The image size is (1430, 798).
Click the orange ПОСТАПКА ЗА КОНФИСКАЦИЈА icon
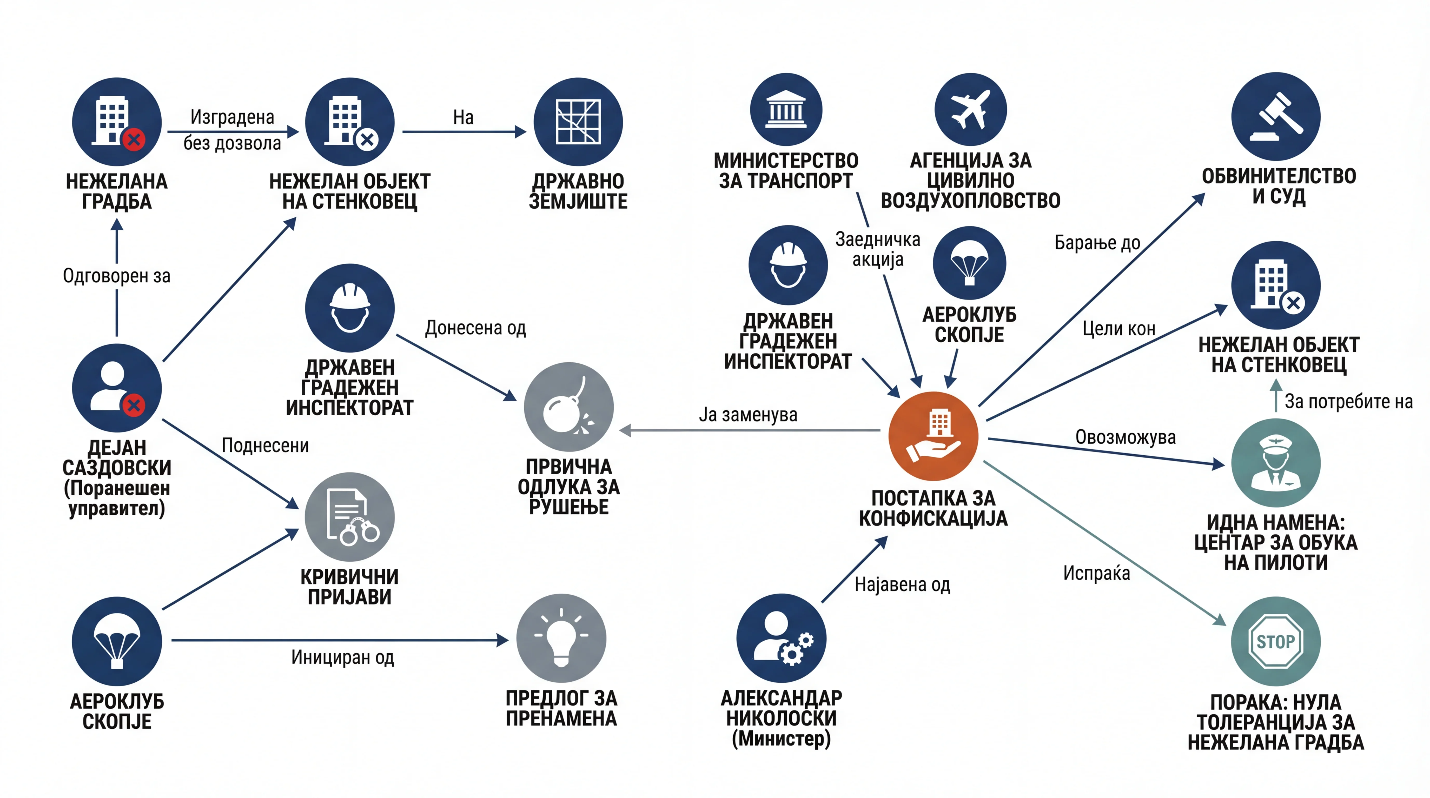[x=933, y=436]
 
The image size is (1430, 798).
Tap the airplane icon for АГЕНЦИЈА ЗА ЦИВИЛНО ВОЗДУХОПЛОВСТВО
[x=970, y=109]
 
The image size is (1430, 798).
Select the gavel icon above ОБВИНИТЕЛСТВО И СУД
[x=1276, y=117]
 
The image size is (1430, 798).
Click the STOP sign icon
[x=1276, y=642]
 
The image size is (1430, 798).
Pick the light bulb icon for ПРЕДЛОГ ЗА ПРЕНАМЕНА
[x=561, y=638]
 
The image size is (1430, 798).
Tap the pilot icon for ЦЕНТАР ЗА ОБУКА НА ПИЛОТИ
[x=1276, y=463]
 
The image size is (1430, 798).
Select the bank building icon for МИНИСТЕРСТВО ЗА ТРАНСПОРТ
[x=786, y=109]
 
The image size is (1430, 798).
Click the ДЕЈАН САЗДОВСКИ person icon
[x=117, y=388]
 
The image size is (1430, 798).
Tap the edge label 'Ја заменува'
[x=748, y=415]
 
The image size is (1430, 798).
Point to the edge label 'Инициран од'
[x=342, y=658]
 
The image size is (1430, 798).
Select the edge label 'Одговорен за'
[x=117, y=276]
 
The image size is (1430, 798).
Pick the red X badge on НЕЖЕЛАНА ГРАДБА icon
[x=134, y=139]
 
